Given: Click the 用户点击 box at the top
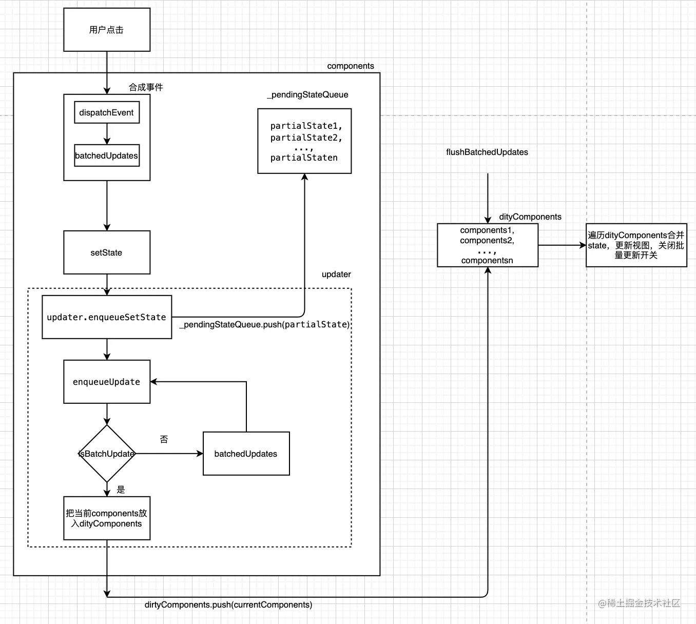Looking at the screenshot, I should (107, 30).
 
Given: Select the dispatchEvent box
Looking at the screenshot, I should (107, 112).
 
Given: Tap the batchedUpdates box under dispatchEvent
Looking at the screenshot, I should (107, 155).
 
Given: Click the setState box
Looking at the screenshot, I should (107, 252).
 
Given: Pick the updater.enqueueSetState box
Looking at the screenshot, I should (107, 317).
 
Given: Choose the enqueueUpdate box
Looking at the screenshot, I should (107, 382).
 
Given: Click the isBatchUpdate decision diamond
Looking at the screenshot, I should (107, 454).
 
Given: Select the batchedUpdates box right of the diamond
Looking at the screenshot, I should (246, 454).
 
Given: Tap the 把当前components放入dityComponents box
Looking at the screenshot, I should (107, 518).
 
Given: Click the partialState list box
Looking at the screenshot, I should (304, 141).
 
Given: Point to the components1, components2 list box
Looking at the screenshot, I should (487, 245).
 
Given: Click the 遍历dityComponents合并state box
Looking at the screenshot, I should (636, 245).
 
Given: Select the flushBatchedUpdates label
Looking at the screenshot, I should (487, 152).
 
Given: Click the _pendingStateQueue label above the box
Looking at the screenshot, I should (307, 94).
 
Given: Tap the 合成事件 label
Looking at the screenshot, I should (146, 87).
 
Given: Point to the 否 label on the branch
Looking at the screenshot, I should (164, 439).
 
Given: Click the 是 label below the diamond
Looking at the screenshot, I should (121, 490).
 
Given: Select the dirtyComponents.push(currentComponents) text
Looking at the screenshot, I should (228, 604).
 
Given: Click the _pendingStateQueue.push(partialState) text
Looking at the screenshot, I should (264, 324).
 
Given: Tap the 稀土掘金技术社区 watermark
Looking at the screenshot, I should (639, 603).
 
